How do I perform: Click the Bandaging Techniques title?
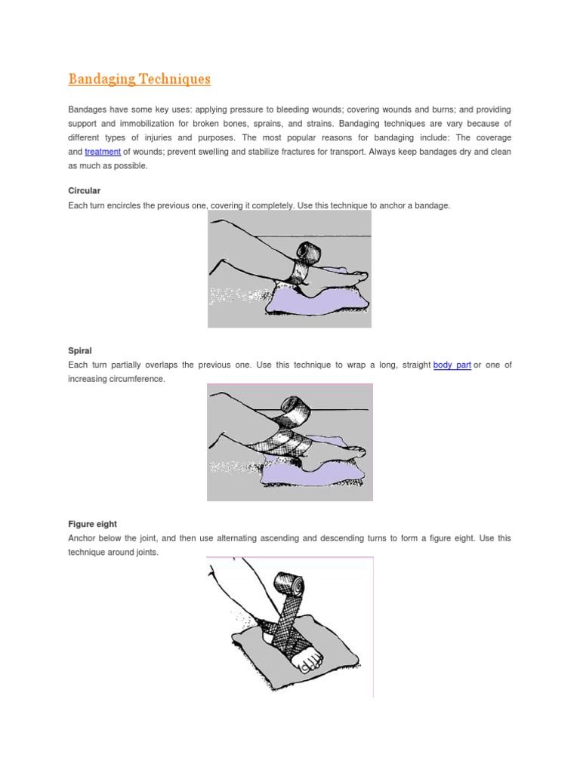[140, 79]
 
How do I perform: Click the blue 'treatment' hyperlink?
[103, 152]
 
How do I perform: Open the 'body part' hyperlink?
[452, 365]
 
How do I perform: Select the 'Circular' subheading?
[84, 191]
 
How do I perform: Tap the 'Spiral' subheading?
[80, 351]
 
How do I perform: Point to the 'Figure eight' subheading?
[92, 524]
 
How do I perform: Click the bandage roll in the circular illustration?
[310, 251]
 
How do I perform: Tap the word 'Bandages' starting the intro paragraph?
[88, 109]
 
